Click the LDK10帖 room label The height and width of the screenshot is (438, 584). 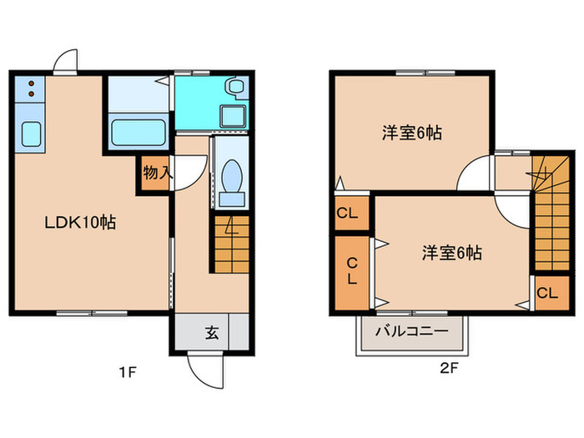[79, 223]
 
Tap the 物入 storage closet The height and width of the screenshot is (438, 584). [156, 174]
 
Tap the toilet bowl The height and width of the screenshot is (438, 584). [233, 178]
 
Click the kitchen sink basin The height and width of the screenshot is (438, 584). [31, 133]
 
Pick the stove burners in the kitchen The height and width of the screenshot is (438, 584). [30, 90]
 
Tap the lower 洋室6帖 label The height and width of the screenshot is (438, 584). [451, 253]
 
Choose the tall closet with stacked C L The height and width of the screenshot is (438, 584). [351, 271]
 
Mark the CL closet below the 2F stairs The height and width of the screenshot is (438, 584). [547, 293]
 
